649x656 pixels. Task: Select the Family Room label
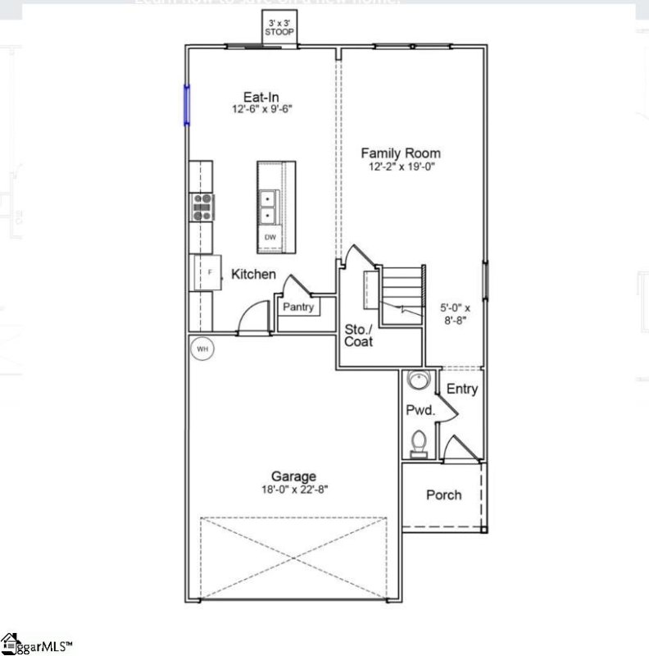click(401, 153)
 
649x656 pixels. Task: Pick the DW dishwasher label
click(270, 238)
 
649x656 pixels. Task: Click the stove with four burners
click(202, 207)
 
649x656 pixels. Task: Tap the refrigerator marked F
click(207, 271)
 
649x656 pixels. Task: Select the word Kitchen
click(253, 275)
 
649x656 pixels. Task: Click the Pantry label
click(298, 307)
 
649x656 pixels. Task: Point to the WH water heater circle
click(202, 349)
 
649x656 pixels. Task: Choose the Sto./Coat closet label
click(358, 335)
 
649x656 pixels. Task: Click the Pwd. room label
click(416, 408)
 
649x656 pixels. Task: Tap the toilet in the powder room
click(419, 443)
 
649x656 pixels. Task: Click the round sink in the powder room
click(419, 381)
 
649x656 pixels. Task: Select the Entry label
click(462, 389)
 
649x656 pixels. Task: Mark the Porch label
click(443, 495)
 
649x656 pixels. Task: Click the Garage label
click(294, 476)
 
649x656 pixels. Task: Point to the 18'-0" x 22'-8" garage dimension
click(294, 490)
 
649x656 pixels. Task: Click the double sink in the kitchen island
click(268, 207)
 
